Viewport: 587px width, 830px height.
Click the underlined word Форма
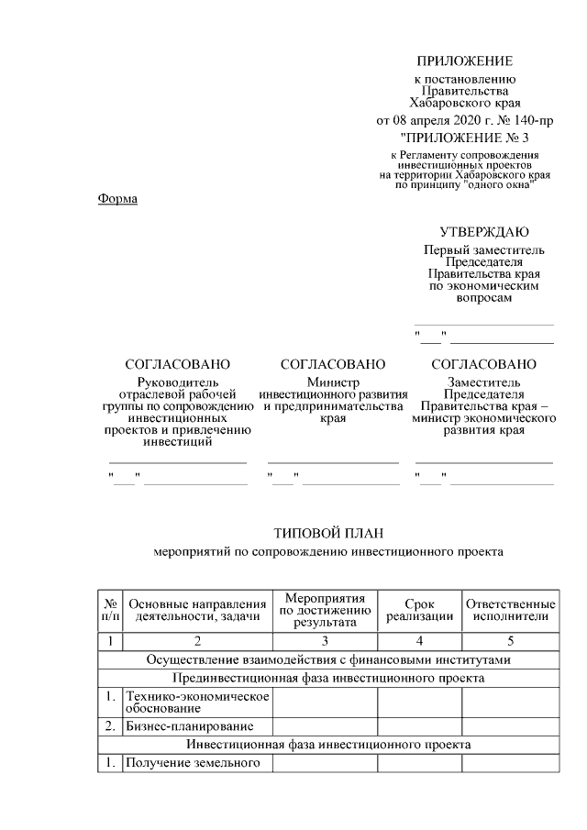click(117, 199)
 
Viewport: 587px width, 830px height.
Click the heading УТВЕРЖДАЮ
click(483, 232)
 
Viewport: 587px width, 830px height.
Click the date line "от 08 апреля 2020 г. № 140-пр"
click(465, 120)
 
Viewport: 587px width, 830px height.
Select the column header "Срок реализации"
click(419, 610)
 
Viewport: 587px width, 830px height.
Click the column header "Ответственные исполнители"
click(510, 610)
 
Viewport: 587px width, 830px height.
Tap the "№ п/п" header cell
click(110, 610)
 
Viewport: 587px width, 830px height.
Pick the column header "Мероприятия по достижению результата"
click(325, 610)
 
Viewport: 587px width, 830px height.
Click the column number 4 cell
click(419, 640)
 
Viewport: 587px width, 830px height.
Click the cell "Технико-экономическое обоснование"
click(197, 703)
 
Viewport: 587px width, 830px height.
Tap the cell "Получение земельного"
click(194, 762)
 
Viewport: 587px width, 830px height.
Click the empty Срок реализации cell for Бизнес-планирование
click(419, 726)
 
